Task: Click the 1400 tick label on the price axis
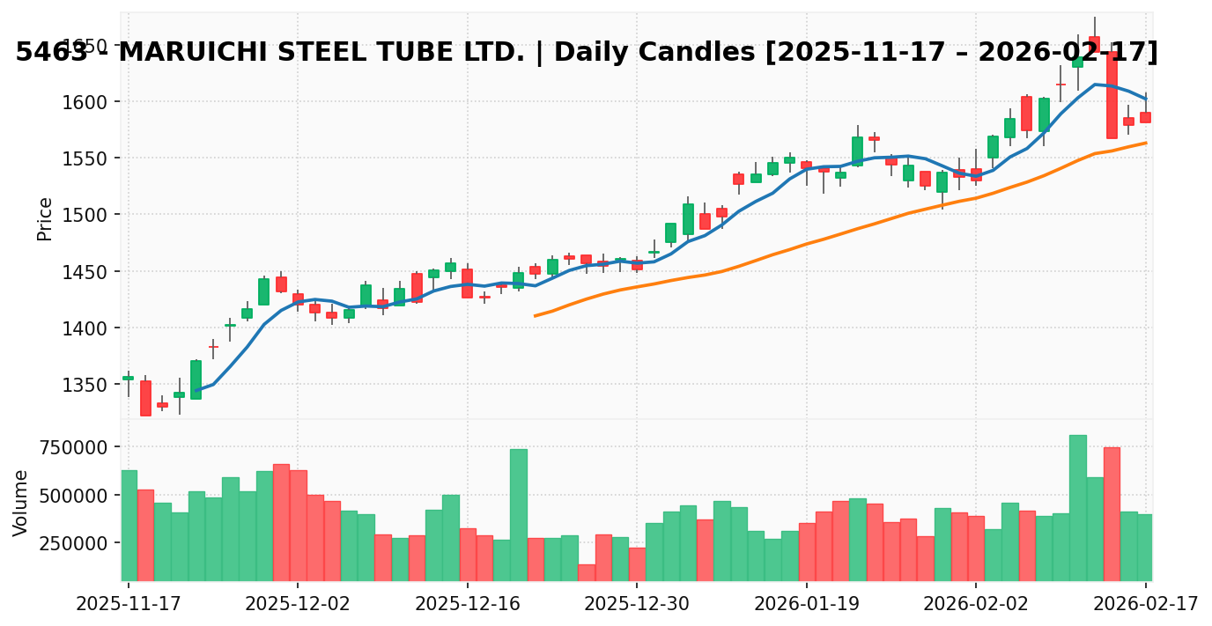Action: coord(86,328)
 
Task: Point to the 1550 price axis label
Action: coord(86,158)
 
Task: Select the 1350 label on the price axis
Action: coord(86,385)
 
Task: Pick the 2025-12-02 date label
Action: coord(298,604)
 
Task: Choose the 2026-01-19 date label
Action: coord(806,604)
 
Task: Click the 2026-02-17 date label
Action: coord(1145,604)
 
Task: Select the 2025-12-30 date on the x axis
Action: coord(637,604)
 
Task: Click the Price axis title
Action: coord(45,218)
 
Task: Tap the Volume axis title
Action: coord(21,503)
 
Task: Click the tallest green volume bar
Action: coord(1077,507)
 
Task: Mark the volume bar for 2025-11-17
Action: coord(129,525)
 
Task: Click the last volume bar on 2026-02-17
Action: coord(1145,547)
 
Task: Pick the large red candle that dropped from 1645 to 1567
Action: coord(1112,94)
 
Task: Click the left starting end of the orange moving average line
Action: coord(535,316)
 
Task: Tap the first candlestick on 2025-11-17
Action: coord(129,378)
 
